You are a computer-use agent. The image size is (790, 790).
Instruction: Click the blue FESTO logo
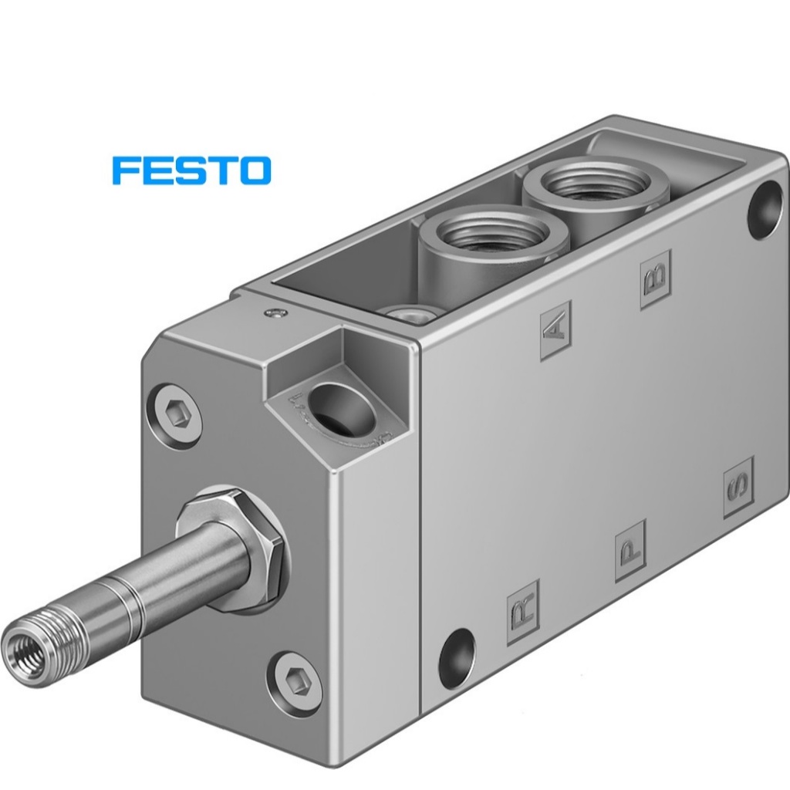[191, 170]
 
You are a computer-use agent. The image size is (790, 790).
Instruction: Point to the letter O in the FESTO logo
[255, 170]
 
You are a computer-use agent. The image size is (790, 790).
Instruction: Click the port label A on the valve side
[555, 330]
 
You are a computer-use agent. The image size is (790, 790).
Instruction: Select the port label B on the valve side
[656, 279]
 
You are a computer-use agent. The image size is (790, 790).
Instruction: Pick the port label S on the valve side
[738, 488]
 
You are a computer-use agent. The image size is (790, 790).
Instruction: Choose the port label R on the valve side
[522, 612]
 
